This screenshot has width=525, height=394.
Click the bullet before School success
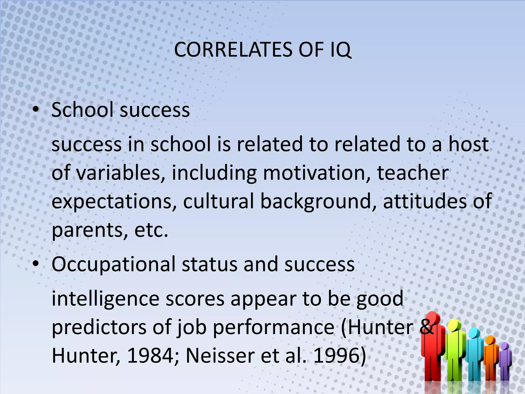click(x=36, y=110)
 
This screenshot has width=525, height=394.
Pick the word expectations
click(x=114, y=201)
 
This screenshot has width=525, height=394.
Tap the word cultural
click(x=218, y=201)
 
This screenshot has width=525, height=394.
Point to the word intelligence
click(x=105, y=299)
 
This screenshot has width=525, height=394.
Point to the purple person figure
click(x=505, y=362)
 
